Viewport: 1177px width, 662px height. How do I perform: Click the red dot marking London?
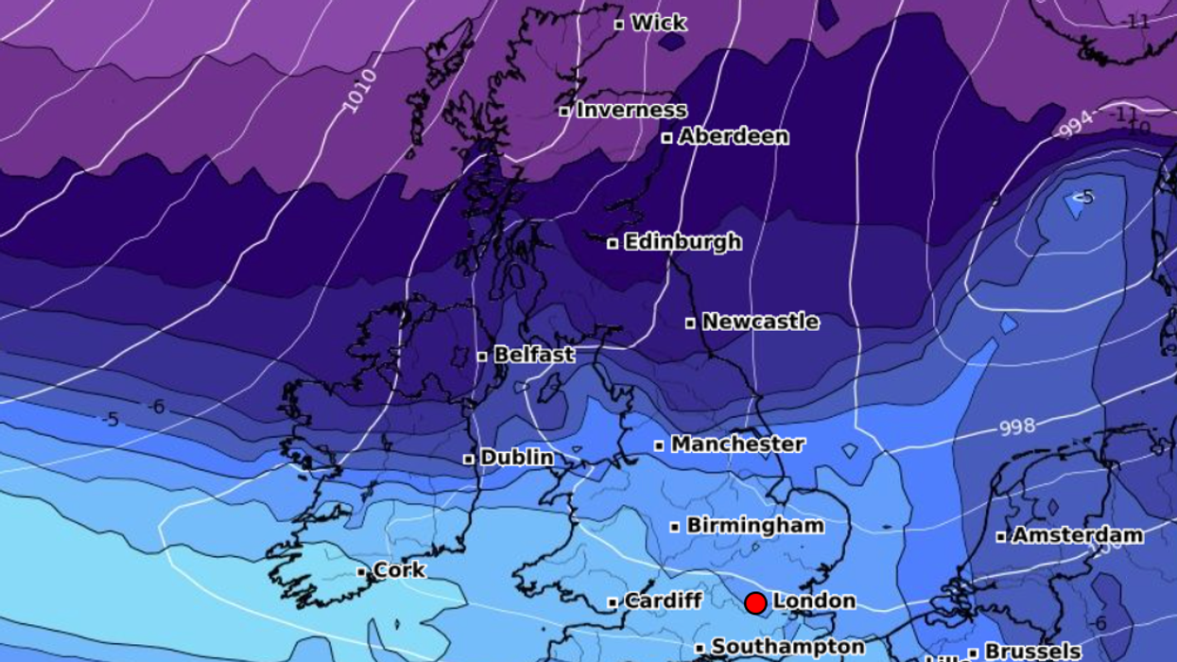[755, 602]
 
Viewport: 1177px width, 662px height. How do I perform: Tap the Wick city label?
[658, 23]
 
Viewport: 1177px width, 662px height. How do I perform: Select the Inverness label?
[632, 110]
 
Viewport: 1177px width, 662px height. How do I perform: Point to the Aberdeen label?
[733, 136]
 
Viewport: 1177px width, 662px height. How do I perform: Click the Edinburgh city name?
[683, 242]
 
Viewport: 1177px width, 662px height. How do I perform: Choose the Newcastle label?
[760, 322]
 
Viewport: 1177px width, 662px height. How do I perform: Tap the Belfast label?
[534, 355]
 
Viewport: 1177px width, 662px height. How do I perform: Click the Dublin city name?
[517, 458]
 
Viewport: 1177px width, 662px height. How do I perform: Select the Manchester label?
[738, 444]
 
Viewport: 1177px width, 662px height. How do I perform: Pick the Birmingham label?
[755, 525]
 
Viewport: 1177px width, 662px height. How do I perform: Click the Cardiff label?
[664, 601]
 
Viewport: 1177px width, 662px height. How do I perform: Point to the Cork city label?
[400, 570]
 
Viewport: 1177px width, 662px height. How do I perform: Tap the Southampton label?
[788, 647]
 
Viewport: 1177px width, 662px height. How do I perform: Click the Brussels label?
[1032, 651]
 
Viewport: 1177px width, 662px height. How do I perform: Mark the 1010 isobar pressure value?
[359, 91]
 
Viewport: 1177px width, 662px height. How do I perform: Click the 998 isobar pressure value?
[1017, 427]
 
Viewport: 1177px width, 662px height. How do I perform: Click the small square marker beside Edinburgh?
[613, 243]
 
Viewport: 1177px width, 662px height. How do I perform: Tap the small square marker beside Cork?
[361, 572]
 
